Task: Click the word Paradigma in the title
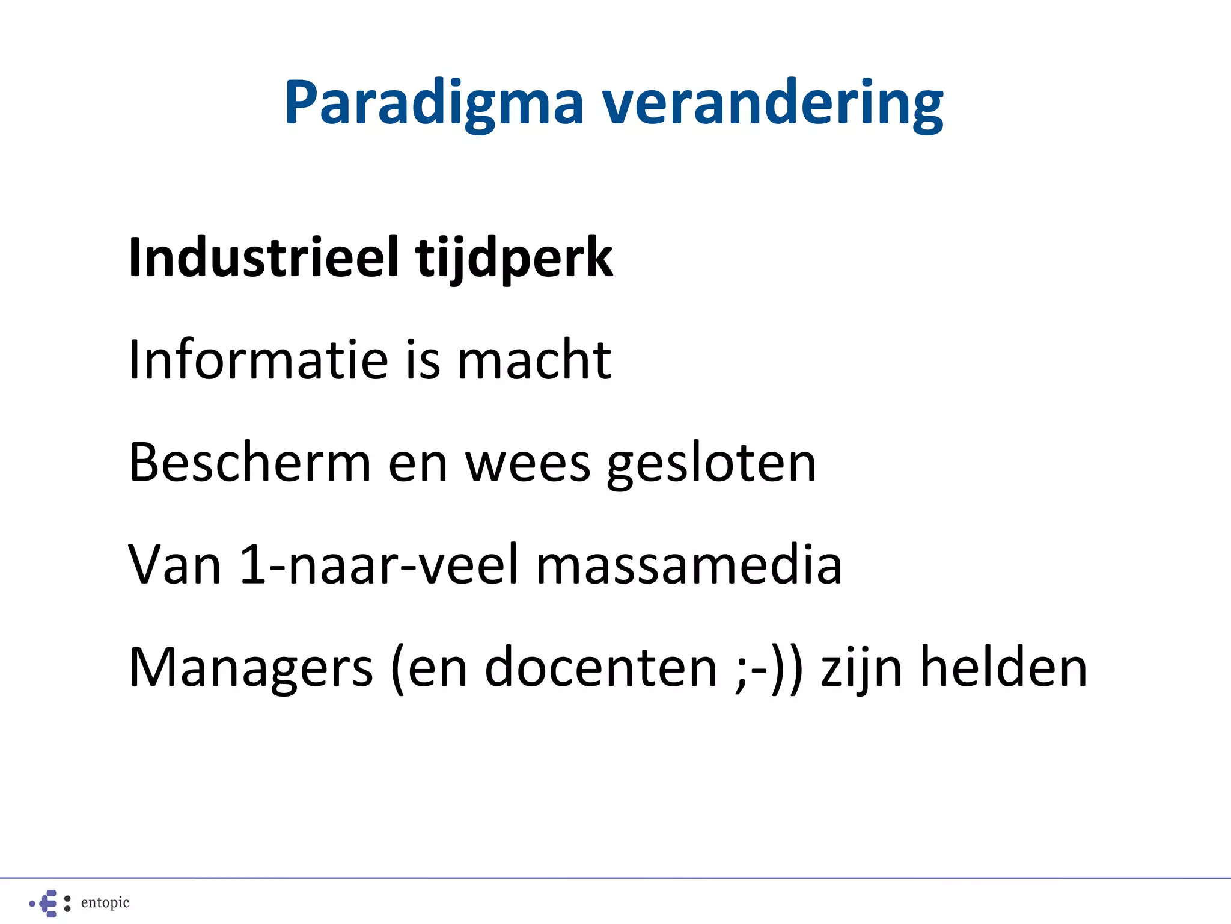434,103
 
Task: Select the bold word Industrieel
264,257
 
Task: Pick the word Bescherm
250,463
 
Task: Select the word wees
528,464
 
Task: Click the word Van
175,565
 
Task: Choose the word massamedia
689,565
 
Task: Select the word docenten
601,668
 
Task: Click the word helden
1004,668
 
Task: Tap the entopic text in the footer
105,902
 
